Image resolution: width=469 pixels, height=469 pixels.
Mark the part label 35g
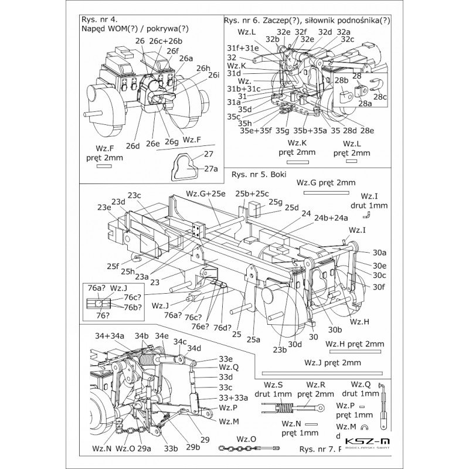click(x=283, y=130)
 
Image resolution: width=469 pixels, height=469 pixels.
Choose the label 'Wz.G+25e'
click(x=205, y=193)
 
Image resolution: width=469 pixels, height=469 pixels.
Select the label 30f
click(x=379, y=286)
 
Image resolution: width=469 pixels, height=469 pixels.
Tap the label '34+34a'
click(x=110, y=335)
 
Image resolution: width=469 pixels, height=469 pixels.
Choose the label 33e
click(x=226, y=359)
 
